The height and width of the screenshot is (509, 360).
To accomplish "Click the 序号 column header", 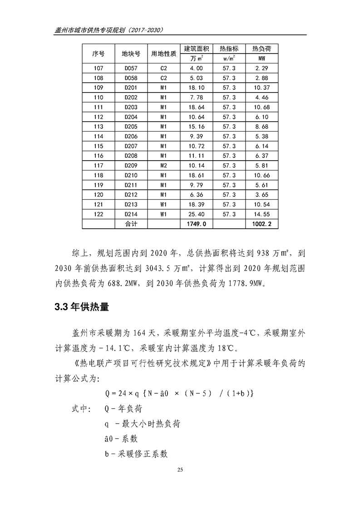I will coord(98,54).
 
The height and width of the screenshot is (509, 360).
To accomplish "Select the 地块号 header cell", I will coord(130,54).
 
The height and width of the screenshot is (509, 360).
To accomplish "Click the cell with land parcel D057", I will coord(130,68).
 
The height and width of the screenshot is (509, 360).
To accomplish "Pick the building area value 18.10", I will coord(196,87).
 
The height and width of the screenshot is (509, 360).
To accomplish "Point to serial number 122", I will coord(98,214).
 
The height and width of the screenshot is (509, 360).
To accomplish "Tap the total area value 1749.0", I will coord(196,224).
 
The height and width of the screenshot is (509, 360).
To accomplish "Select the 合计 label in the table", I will coord(130,224).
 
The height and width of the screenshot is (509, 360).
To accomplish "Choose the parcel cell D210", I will coord(130,175).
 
